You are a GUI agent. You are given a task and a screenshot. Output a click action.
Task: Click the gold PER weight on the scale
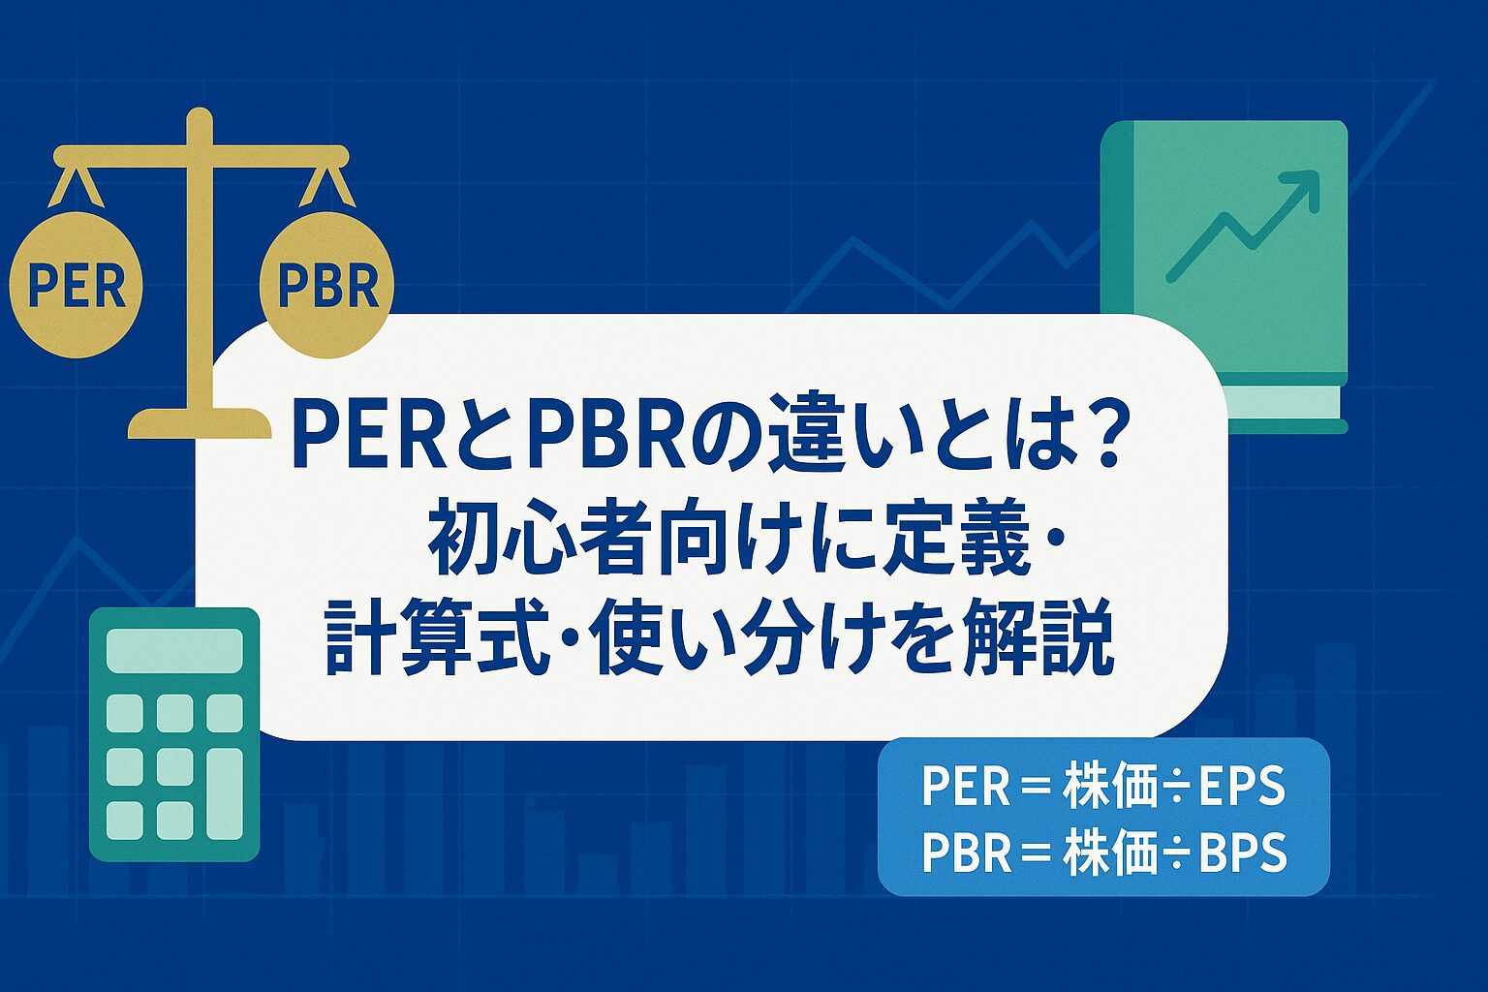click(77, 285)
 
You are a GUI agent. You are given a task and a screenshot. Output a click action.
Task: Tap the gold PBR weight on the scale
click(326, 285)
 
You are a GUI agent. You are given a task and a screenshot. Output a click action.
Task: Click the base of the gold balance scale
click(200, 422)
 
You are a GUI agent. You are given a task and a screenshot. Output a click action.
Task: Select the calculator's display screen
click(174, 650)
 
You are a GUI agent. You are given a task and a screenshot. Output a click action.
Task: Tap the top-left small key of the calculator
click(124, 713)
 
